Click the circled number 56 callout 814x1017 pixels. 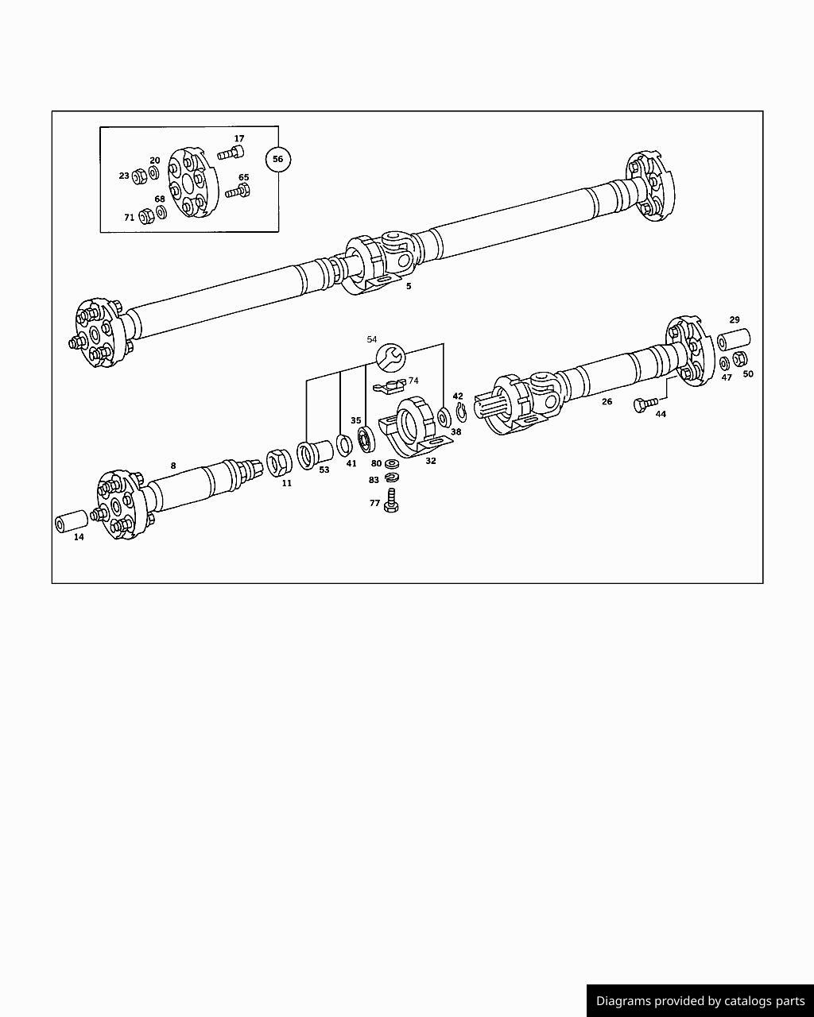coord(277,159)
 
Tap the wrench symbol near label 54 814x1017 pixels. coord(390,358)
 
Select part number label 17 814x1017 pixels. coord(239,139)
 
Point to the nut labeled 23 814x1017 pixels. coord(138,175)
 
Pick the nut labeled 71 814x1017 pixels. coord(145,216)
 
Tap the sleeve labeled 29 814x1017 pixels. coord(735,339)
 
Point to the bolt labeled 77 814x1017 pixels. coord(390,501)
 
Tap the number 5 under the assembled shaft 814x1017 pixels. coord(409,286)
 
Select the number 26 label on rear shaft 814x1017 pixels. coord(607,401)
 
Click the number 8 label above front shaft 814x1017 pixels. coord(173,466)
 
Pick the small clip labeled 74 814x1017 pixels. coord(390,386)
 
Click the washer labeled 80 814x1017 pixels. coord(392,463)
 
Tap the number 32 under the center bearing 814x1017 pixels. coord(431,460)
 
